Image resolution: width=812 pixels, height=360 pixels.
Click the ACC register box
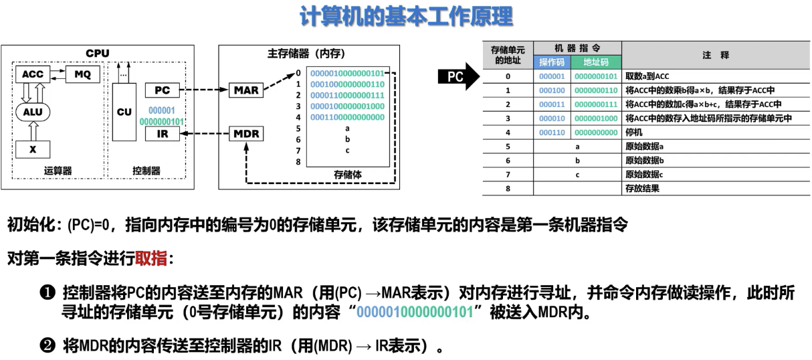(x=33, y=74)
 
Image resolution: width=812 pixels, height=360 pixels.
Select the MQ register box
(x=82, y=74)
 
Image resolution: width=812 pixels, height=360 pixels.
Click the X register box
(x=33, y=149)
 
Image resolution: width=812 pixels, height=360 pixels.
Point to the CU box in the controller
(x=124, y=112)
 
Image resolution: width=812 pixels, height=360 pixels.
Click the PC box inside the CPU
(x=162, y=90)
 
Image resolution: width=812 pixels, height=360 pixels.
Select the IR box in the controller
(x=162, y=134)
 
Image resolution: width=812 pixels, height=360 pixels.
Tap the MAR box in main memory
(x=246, y=90)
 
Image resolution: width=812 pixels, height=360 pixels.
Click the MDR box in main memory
(x=246, y=134)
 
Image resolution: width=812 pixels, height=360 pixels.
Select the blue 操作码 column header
(x=552, y=62)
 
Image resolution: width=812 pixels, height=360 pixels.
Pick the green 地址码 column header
(x=596, y=62)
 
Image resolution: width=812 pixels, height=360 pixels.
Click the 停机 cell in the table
(x=634, y=132)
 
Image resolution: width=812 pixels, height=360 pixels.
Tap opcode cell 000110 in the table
(x=552, y=132)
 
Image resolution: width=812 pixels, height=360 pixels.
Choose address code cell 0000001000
(x=596, y=118)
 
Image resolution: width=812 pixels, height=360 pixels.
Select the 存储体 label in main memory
(x=348, y=174)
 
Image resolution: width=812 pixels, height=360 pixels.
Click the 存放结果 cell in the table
(x=642, y=189)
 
